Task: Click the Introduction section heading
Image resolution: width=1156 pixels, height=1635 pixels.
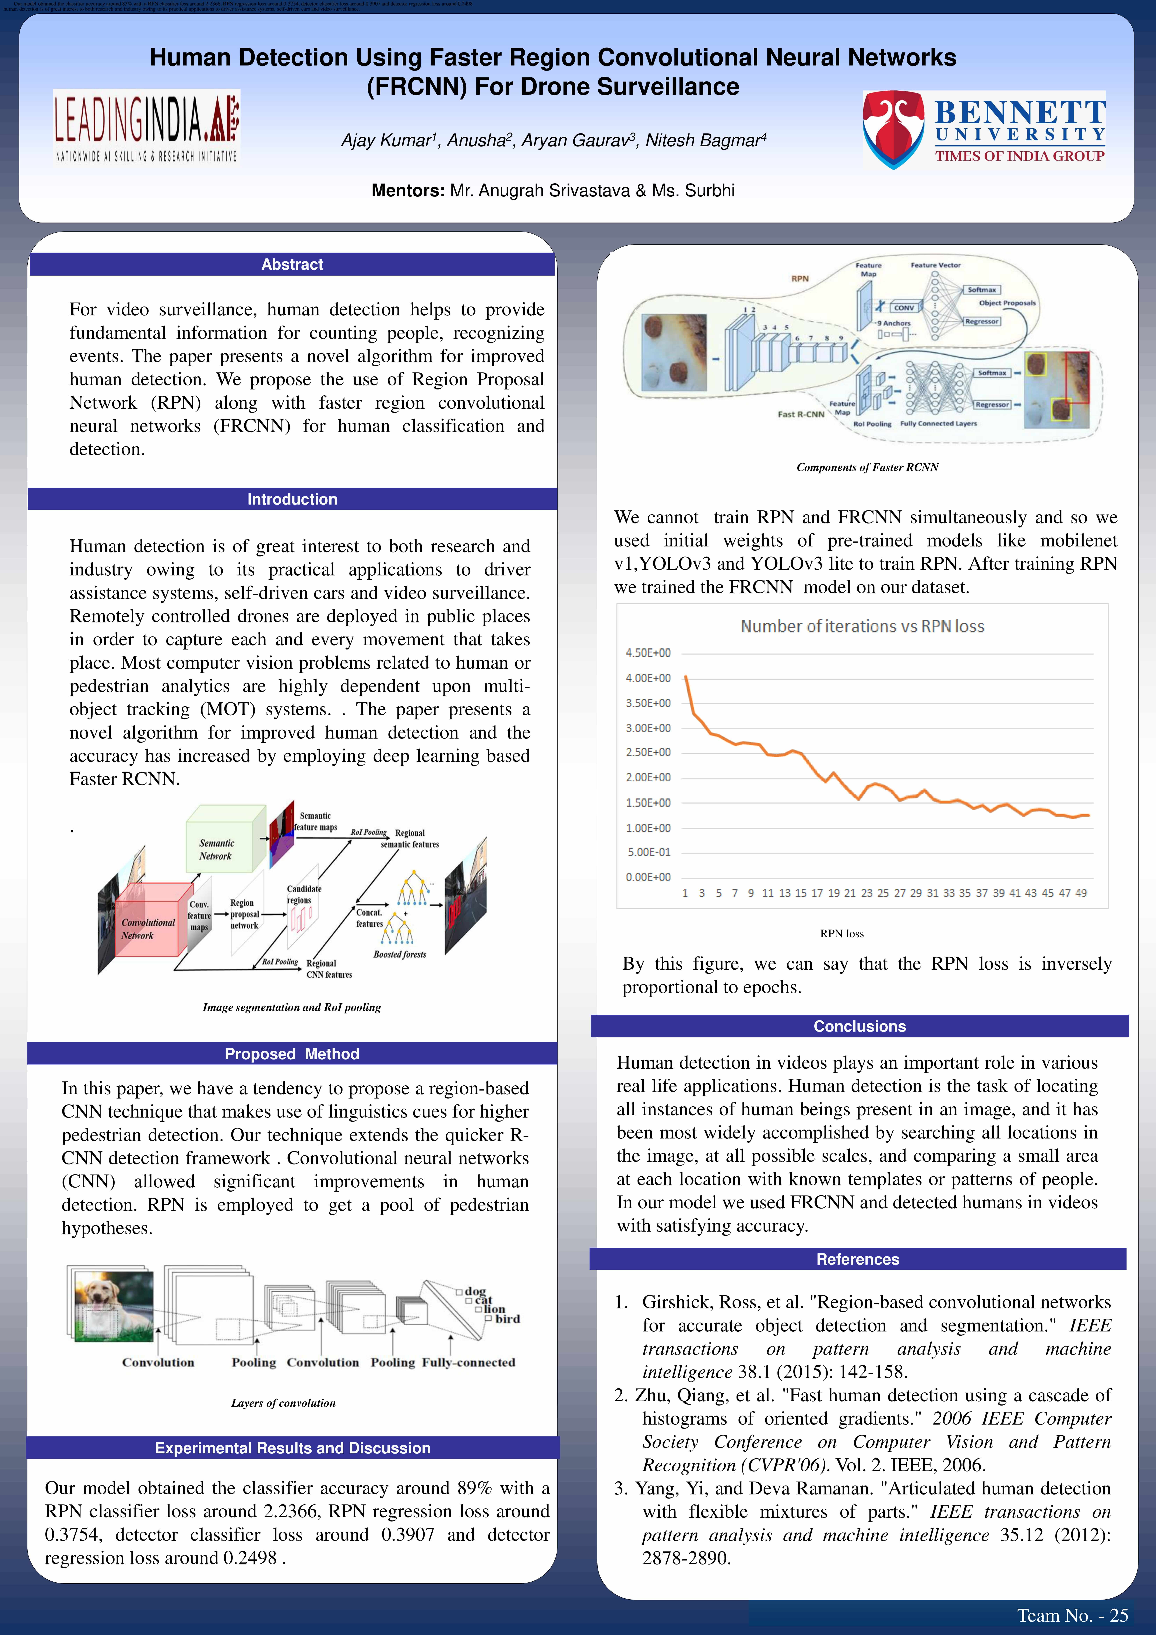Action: (292, 499)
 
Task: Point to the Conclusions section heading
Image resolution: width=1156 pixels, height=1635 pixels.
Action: (859, 1026)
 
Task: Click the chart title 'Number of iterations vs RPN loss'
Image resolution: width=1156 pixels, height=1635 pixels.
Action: (862, 627)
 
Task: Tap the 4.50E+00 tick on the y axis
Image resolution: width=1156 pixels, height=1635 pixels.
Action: (648, 653)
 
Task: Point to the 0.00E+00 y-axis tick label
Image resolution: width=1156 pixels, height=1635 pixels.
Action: (648, 877)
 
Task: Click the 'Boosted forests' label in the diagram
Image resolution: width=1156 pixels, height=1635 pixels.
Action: (399, 954)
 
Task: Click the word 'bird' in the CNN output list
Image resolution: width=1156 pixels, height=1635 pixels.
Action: (507, 1319)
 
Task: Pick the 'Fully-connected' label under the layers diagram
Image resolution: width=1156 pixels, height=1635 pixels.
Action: (468, 1362)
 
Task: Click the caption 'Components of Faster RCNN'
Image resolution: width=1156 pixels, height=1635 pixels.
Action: (867, 467)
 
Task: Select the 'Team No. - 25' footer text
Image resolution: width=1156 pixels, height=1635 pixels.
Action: (1072, 1615)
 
